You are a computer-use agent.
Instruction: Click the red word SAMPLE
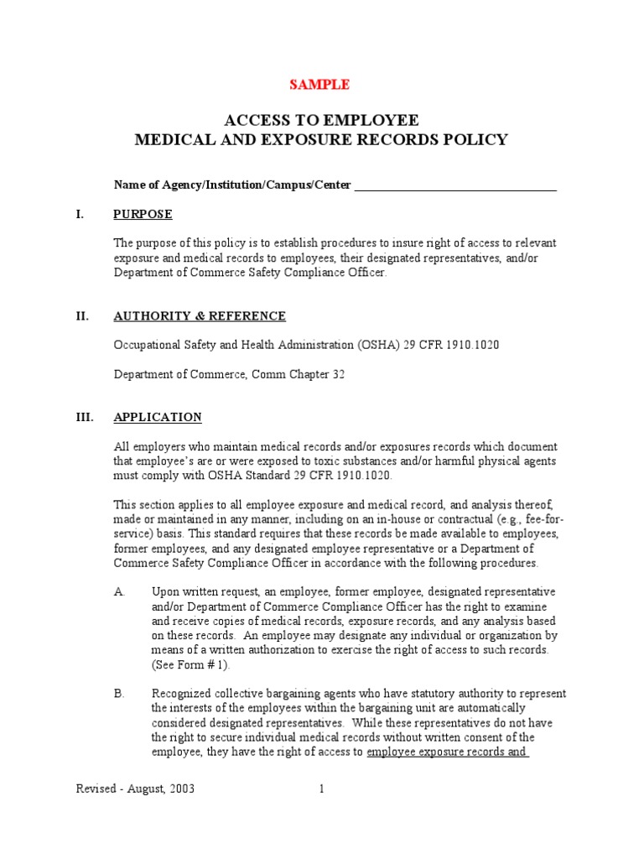click(319, 84)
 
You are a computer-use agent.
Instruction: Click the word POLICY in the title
click(477, 139)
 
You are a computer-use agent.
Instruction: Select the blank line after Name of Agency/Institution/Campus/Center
click(455, 185)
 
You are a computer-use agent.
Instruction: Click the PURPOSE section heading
click(143, 214)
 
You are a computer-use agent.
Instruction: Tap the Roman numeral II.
click(82, 316)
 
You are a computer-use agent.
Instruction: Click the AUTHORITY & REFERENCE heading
click(200, 316)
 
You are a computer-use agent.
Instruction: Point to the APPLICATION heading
click(158, 417)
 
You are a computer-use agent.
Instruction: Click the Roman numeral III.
click(84, 417)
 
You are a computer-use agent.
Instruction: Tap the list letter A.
click(119, 591)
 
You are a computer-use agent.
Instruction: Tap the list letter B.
click(119, 694)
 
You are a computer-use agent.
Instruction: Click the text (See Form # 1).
click(190, 664)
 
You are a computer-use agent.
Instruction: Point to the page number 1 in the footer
click(320, 789)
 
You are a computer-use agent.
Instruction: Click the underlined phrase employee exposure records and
click(447, 752)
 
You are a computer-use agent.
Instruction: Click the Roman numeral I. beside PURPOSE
click(80, 214)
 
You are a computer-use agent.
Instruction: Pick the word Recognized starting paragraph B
click(182, 694)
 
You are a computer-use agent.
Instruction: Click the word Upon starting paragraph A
click(165, 591)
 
